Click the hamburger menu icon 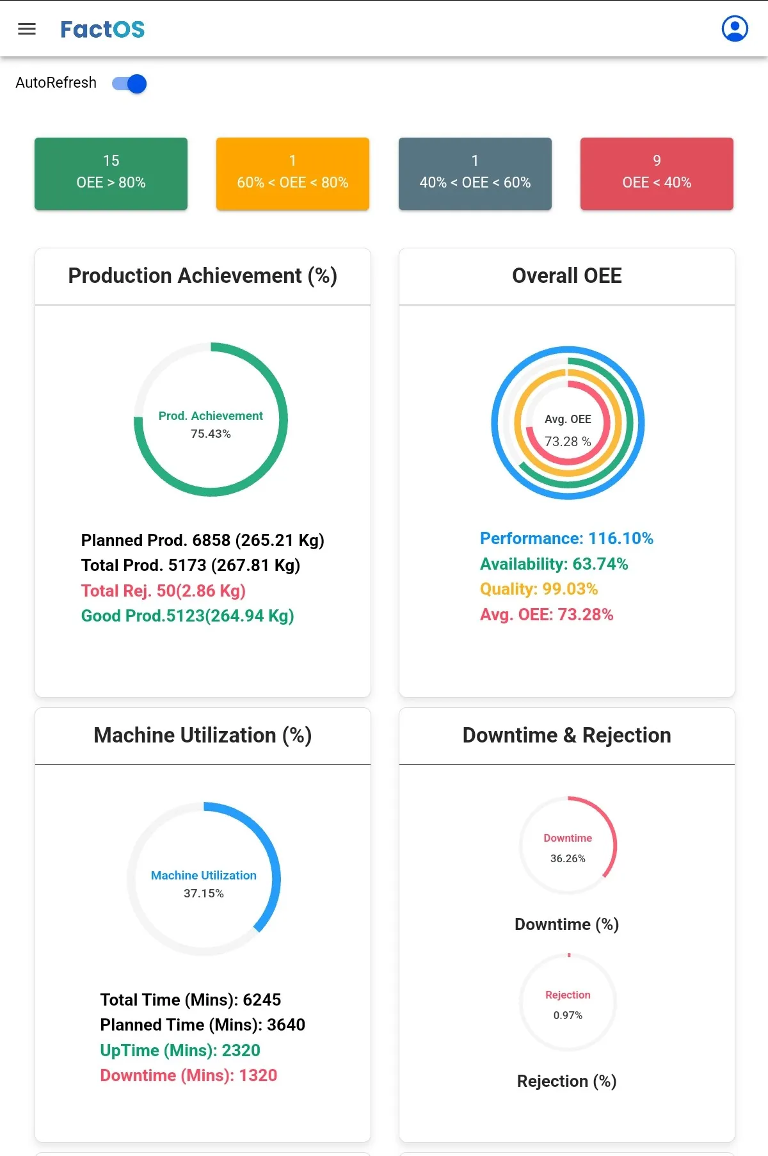click(27, 29)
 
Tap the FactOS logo click(102, 29)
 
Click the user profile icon click(735, 29)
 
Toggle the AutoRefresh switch click(129, 84)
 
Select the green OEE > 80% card click(111, 173)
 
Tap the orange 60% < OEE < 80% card click(292, 173)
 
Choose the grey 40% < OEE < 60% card click(475, 173)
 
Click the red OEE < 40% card click(657, 173)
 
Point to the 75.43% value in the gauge click(211, 434)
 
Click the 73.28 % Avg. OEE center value click(568, 442)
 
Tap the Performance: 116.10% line click(566, 538)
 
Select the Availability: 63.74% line click(554, 564)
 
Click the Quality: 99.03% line click(539, 589)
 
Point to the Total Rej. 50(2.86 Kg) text click(163, 591)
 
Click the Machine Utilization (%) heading click(203, 735)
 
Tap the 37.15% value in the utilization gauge click(204, 894)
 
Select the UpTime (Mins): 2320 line click(180, 1050)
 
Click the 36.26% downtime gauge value click(568, 858)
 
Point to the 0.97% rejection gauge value click(568, 1015)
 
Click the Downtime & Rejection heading click(567, 735)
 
